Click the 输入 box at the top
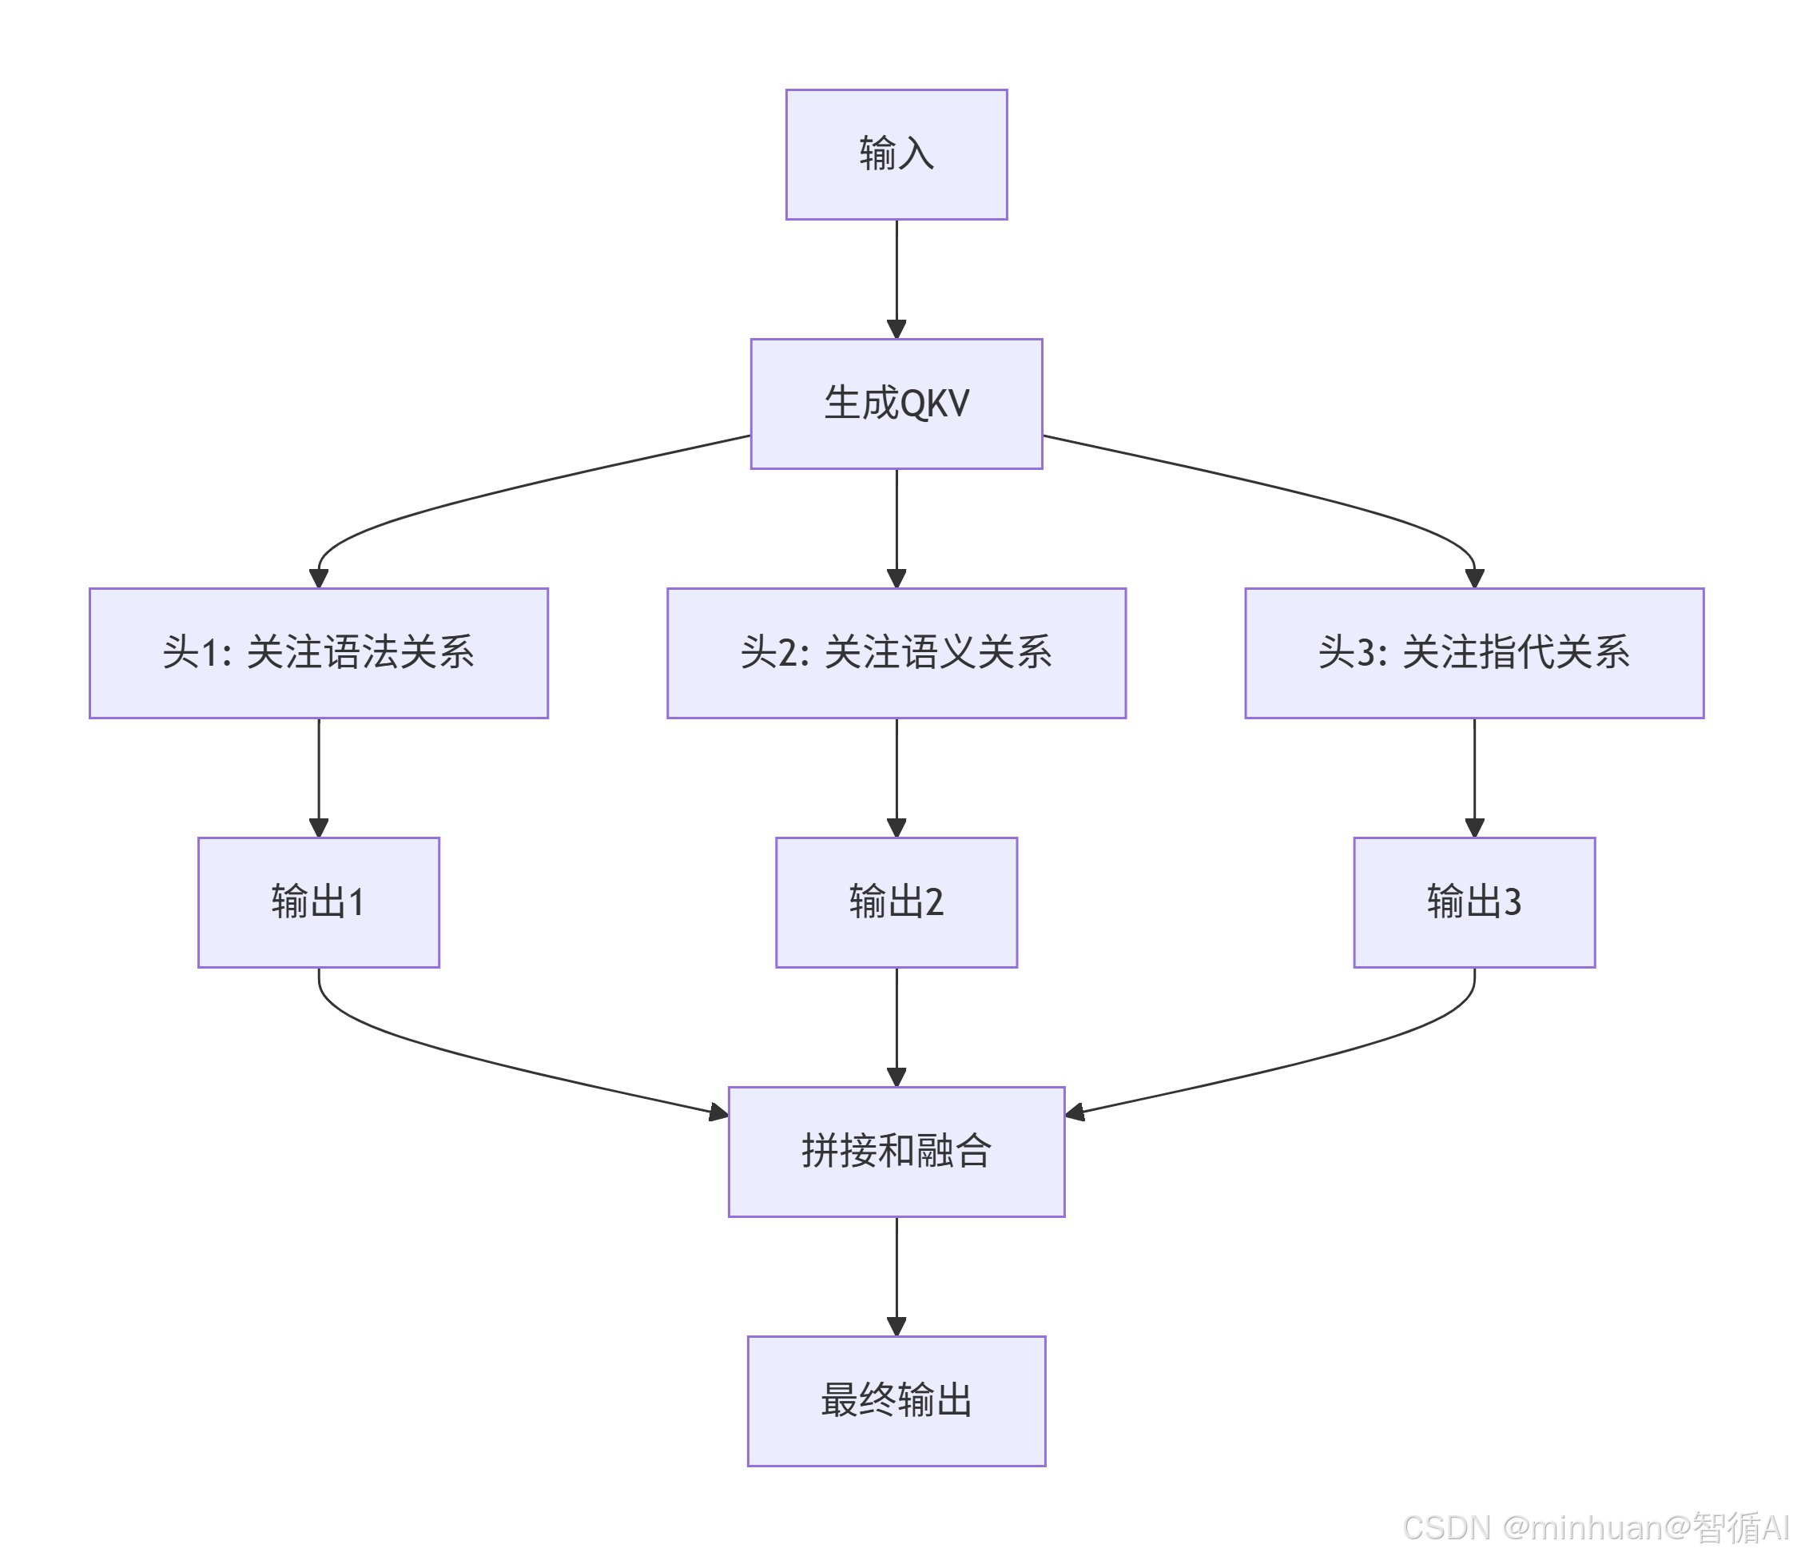tap(896, 154)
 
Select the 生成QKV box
tap(896, 404)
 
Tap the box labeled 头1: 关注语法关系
tap(319, 653)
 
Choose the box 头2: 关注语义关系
tap(896, 653)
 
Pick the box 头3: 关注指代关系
tap(1473, 653)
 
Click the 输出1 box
tap(319, 902)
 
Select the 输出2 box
tap(896, 902)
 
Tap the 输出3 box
tap(1473, 902)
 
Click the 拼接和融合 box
tap(896, 1152)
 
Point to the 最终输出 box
tap(896, 1401)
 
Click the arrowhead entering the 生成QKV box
tap(896, 329)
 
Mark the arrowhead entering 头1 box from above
tap(319, 579)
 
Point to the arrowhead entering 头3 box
tap(1473, 579)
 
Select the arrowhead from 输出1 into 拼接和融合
tap(718, 1112)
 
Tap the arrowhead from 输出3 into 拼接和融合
tap(1075, 1112)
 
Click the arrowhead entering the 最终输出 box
tap(896, 1326)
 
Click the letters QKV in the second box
tap(934, 404)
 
